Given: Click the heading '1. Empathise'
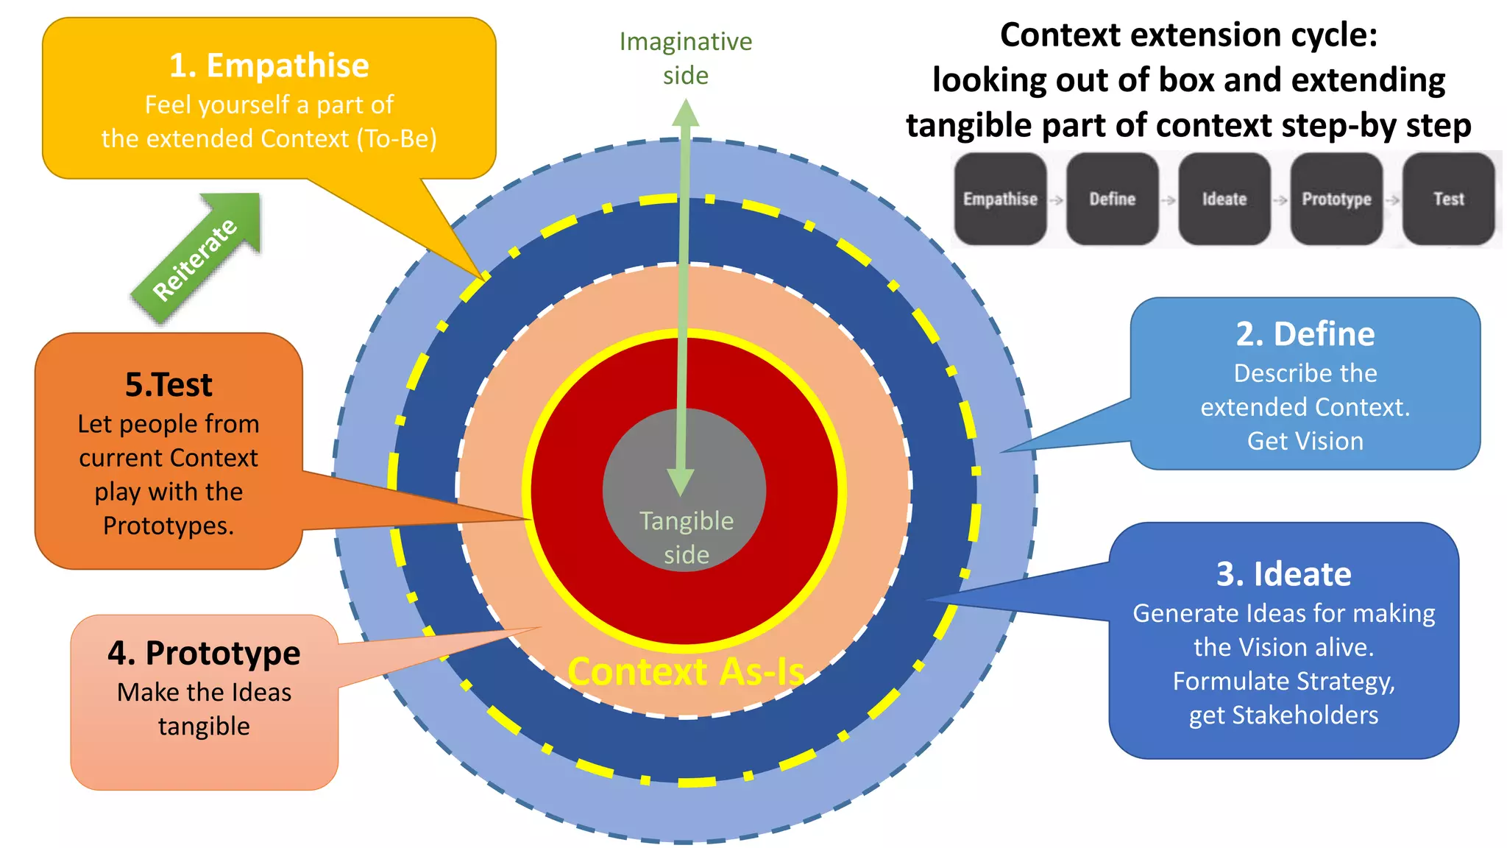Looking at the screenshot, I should pos(269,66).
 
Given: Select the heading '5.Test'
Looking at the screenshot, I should pos(169,385).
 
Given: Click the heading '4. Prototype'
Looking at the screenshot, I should pos(204,653).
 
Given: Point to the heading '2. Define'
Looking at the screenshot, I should pos(1305,334).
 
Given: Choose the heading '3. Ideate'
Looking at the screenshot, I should pos(1283,574).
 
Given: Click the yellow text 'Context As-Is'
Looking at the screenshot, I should pos(685,672).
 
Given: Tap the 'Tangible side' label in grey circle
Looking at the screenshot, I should pos(686,537).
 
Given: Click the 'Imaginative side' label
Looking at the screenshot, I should pos(685,58).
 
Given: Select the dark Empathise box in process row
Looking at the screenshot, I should pos(1000,199).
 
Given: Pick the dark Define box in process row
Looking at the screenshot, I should pos(1112,199).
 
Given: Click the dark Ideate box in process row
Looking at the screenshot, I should pos(1224,199).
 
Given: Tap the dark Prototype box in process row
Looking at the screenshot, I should pos(1336,199).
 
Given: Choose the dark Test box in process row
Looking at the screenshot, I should pos(1448,199).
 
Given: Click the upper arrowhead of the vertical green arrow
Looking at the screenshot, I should pos(685,115).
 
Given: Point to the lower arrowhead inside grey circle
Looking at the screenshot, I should pos(681,482).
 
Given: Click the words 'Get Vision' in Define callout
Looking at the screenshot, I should pos(1305,441).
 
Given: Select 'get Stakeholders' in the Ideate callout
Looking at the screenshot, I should pos(1283,715).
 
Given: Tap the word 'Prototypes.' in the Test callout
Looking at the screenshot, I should pos(169,526).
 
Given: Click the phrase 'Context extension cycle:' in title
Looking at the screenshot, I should pos(1188,35).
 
